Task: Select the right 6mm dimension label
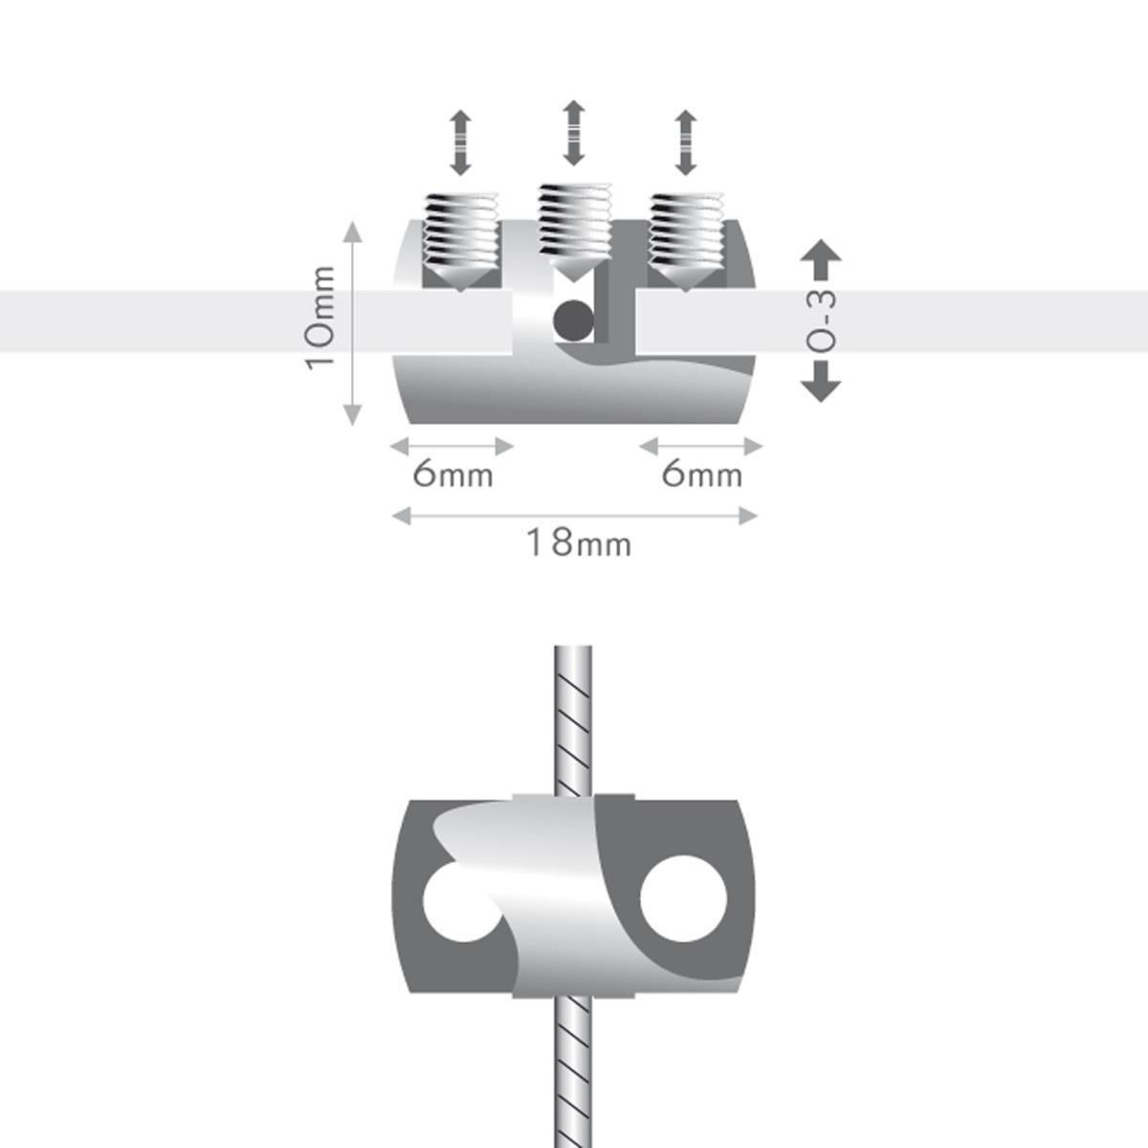[701, 474]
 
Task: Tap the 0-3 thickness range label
[821, 320]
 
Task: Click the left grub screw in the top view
[462, 239]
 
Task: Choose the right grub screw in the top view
[685, 239]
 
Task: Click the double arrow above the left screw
[461, 143]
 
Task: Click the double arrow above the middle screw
[573, 132]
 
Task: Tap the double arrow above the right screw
[686, 143]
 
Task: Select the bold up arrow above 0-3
[820, 253]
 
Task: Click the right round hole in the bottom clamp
[683, 897]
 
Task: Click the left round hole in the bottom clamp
[457, 904]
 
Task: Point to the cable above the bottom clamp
[573, 717]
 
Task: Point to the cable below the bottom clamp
[573, 1071]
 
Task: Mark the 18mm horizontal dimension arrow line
[575, 516]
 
